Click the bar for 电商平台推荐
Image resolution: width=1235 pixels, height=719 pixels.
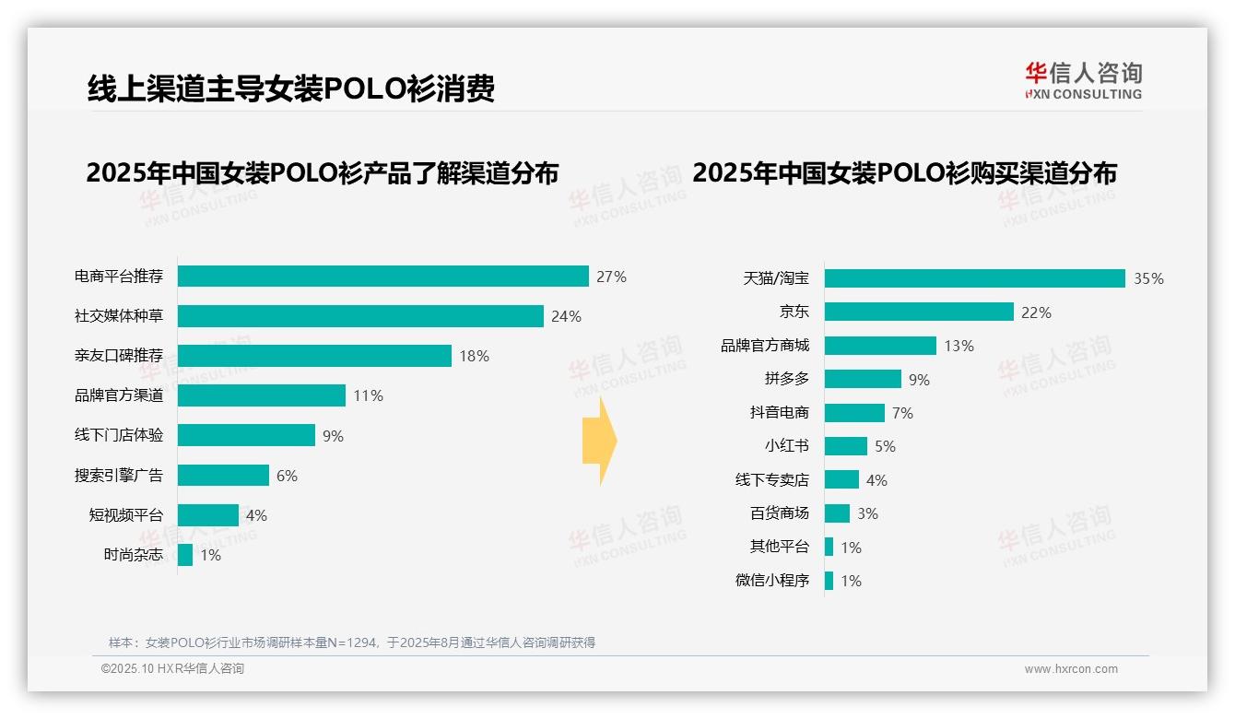point(382,277)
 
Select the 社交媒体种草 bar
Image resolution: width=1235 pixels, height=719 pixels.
point(360,316)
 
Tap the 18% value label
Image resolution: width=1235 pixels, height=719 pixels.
point(474,356)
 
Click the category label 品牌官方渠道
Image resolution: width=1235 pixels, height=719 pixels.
point(119,395)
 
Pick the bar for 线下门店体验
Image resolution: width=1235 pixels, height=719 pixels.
point(246,435)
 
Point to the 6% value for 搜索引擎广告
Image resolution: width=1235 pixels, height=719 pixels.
point(287,476)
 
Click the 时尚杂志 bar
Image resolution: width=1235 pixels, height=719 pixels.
point(185,555)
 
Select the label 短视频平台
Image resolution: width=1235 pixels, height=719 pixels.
point(126,515)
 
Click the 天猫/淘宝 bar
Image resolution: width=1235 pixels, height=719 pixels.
point(974,278)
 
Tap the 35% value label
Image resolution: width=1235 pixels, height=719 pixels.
point(1148,278)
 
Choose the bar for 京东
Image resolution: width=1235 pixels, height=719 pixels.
point(919,312)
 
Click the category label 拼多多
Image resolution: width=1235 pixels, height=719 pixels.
point(786,379)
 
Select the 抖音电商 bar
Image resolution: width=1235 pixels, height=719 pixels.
point(854,413)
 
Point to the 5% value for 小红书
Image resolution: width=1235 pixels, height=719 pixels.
point(885,446)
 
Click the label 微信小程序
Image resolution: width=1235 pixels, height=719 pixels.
point(772,581)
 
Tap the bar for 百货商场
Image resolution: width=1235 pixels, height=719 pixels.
point(837,513)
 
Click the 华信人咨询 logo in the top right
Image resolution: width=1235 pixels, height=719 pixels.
point(1083,80)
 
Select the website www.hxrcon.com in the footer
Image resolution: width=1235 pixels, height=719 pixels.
point(1071,669)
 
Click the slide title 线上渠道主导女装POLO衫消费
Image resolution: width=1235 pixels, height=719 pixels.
point(291,88)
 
